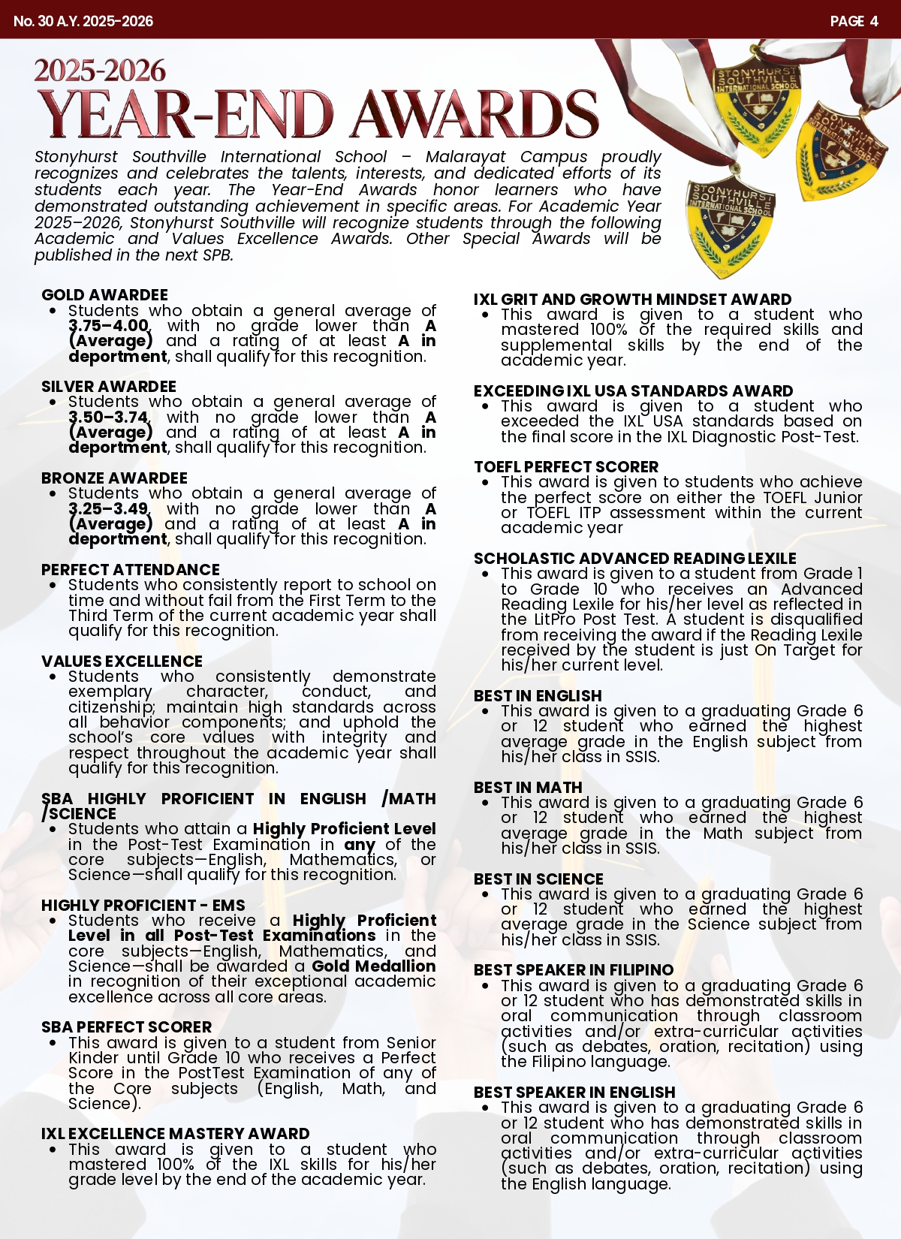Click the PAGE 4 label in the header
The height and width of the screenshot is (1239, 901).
coord(854,21)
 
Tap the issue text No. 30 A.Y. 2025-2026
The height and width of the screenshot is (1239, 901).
coord(83,21)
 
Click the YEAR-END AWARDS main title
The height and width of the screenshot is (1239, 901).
coord(318,115)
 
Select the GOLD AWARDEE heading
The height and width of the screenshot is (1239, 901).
coord(104,295)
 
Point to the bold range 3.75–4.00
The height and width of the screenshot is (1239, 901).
coord(109,326)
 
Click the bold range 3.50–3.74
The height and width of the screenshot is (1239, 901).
coord(109,418)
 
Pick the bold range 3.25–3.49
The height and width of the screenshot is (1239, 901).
coord(109,509)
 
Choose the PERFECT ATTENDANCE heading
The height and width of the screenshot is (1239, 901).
coord(131,570)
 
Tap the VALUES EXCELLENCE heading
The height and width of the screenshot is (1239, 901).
coord(122,662)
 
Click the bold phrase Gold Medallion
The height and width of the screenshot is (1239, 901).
coord(374,966)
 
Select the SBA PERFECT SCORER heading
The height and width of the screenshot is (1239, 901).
coord(126,1027)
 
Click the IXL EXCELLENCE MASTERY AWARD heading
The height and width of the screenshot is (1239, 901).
coord(175,1134)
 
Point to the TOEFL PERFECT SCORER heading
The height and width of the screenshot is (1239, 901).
coord(566,467)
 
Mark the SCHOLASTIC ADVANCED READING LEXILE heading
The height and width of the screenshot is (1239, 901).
coord(634,559)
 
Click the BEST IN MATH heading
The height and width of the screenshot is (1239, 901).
coord(528,788)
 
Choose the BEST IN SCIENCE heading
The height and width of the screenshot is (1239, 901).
coord(538,879)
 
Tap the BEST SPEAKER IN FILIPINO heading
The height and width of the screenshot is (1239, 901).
coord(574,970)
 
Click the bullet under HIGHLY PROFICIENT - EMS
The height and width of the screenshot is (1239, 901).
coord(53,921)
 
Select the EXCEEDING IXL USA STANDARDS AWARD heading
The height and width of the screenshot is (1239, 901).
coord(633,391)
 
